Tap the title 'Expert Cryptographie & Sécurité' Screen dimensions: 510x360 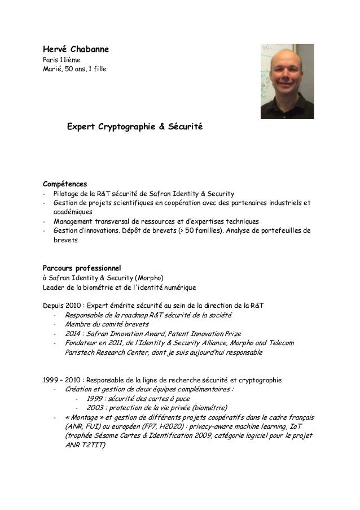coord(135,129)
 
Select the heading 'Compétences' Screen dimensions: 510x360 coord(65,184)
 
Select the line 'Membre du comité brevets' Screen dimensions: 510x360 coord(107,324)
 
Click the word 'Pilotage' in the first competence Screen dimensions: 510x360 coord(67,194)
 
